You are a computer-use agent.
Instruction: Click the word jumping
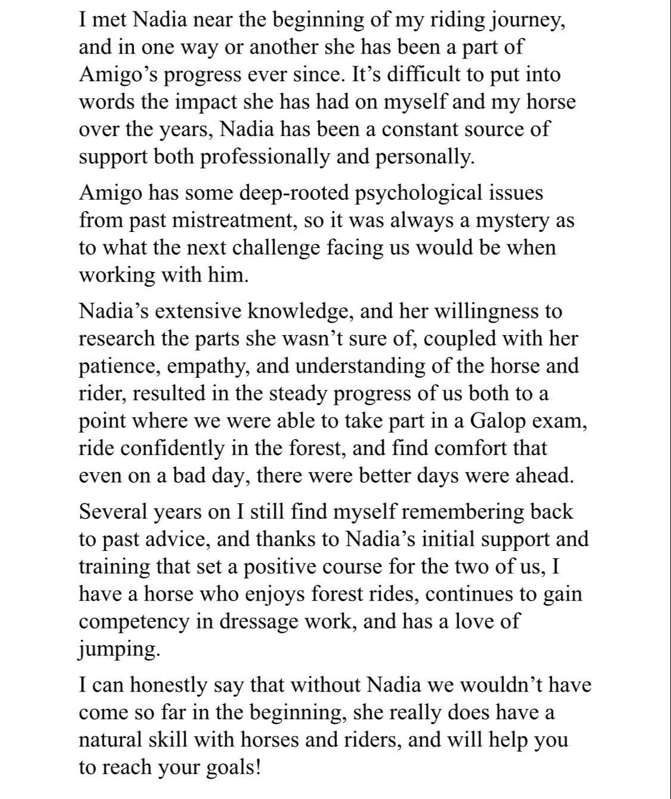click(x=119, y=648)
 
